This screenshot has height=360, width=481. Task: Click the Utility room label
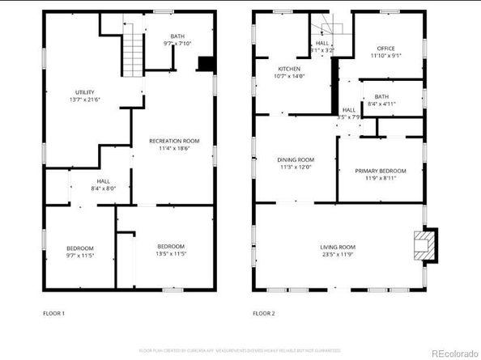85,92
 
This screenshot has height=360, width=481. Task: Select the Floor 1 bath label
177,36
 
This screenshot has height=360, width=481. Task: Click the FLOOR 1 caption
53,312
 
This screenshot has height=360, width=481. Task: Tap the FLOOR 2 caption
263,312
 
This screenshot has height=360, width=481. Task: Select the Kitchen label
290,69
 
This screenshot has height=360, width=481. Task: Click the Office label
385,49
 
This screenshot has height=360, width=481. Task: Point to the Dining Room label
295,159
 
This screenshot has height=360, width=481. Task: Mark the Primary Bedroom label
381,171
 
